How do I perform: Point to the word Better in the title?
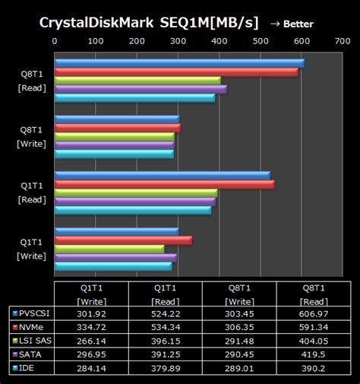point(298,24)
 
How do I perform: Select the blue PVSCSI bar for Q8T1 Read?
point(179,63)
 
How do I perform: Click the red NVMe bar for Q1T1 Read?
point(164,184)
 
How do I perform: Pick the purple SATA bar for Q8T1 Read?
point(141,89)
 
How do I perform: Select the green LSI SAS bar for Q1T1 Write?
point(109,249)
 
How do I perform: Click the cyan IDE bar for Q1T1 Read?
point(133,210)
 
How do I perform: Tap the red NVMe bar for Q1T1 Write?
point(123,240)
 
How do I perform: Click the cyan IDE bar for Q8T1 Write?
point(114,154)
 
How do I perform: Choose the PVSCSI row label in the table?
point(31,313)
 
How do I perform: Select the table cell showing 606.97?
point(313,313)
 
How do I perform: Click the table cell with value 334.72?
point(91,326)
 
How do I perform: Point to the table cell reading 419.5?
point(313,354)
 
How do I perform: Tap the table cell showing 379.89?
point(166,368)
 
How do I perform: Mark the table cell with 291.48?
point(239,340)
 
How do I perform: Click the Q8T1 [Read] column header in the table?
point(313,294)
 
